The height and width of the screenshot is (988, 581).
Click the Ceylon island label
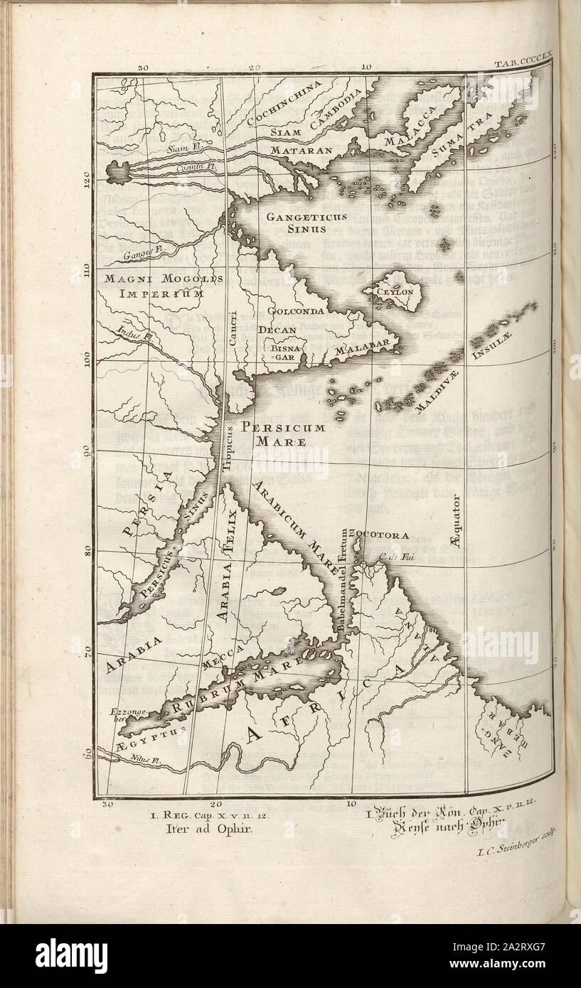coord(396,292)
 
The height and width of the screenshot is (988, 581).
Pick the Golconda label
coord(297,311)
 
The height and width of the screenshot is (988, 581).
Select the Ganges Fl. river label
coord(136,252)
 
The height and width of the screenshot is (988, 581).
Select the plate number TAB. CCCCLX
coord(518,65)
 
